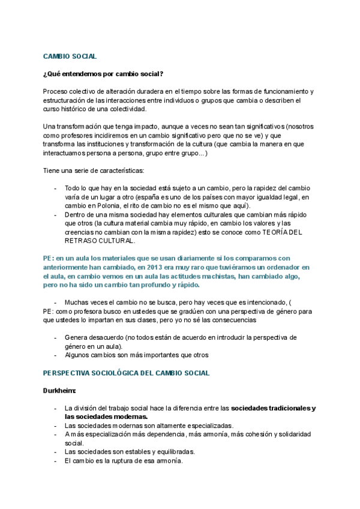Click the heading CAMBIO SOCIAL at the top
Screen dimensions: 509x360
click(70, 56)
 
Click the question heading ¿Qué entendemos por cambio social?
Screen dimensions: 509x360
click(103, 74)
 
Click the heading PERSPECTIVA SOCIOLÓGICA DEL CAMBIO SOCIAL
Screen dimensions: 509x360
click(126, 373)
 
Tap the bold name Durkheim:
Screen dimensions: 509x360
click(59, 391)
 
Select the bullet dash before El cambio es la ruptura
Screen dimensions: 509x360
click(55, 461)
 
